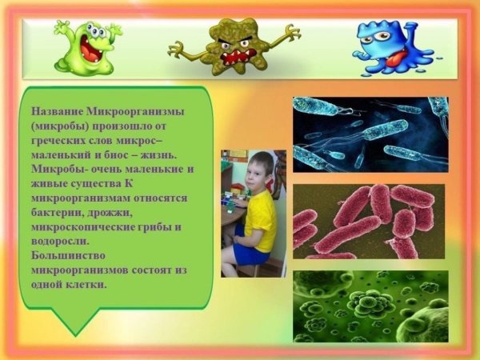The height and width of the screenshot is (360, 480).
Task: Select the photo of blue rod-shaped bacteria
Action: (370, 134)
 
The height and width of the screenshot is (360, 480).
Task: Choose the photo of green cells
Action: (370, 307)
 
